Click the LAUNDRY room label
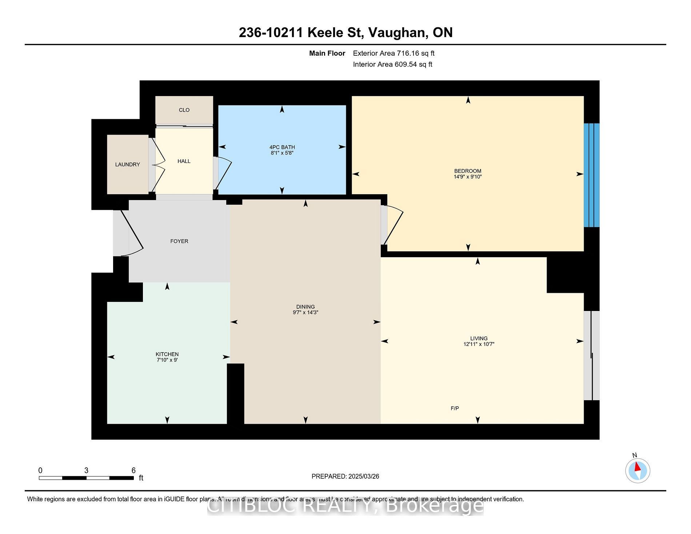[x=127, y=164]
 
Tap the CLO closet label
[x=184, y=110]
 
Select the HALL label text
[x=184, y=161]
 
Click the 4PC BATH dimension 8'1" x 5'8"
[x=282, y=153]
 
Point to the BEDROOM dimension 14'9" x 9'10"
[x=468, y=177]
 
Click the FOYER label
[x=179, y=241]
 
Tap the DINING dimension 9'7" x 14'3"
[x=305, y=312]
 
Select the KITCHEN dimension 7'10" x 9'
[x=167, y=360]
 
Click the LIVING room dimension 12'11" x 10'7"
[x=479, y=344]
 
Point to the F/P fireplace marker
[x=455, y=409]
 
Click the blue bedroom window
[x=591, y=175]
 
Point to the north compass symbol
[x=638, y=470]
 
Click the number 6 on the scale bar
[x=133, y=470]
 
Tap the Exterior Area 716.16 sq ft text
[x=394, y=53]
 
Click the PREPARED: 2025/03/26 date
[x=345, y=477]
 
